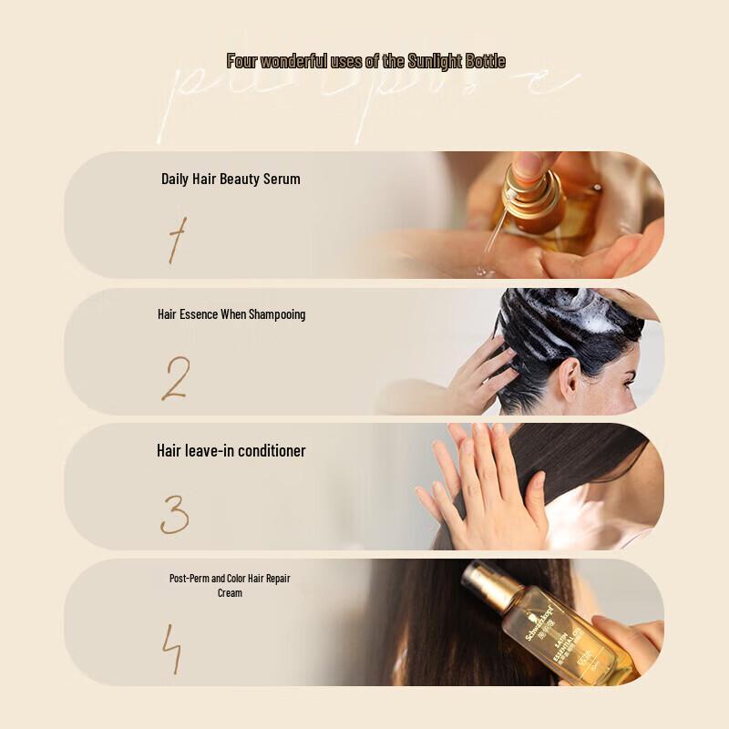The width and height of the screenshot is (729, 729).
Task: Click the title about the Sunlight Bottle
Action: (x=365, y=62)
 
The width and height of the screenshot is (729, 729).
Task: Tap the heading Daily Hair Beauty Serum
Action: (x=231, y=179)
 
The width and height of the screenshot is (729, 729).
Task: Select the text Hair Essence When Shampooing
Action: (x=231, y=314)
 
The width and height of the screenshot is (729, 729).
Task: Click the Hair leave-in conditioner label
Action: (x=231, y=451)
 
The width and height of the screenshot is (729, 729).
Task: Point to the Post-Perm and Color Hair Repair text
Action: (x=230, y=579)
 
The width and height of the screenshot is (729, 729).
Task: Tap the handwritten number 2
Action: (x=175, y=378)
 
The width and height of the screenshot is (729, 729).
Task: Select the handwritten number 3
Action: (x=174, y=515)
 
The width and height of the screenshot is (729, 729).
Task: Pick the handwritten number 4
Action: (x=172, y=650)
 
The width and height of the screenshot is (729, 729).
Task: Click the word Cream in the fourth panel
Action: (x=230, y=593)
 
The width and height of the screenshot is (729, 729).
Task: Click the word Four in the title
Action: (x=241, y=62)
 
